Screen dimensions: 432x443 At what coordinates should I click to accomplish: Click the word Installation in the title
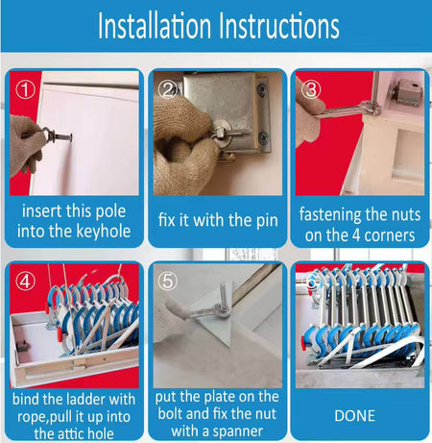tap(155, 26)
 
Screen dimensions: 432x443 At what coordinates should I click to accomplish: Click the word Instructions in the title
tap(279, 26)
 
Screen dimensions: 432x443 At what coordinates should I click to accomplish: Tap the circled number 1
tap(25, 90)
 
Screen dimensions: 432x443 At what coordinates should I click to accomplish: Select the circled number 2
tap(168, 89)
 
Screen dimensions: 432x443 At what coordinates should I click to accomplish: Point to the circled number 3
tap(311, 89)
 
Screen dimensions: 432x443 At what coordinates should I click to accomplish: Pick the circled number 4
tap(25, 282)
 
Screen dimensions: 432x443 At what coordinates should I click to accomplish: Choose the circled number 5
tap(168, 281)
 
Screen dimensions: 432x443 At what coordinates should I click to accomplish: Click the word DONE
tap(354, 416)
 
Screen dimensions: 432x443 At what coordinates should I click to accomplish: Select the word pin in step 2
tap(268, 221)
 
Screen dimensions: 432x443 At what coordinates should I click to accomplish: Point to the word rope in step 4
tap(33, 417)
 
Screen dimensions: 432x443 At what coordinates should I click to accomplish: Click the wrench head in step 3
tap(372, 108)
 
